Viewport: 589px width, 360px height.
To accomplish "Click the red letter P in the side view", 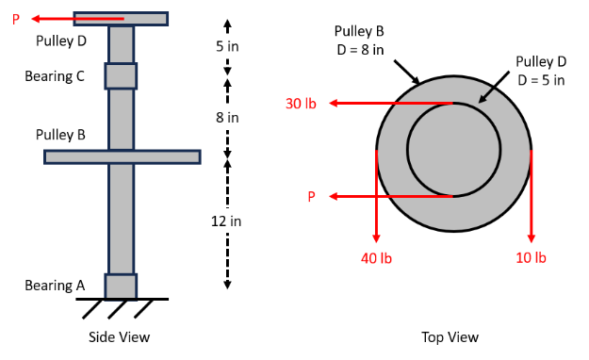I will [x=16, y=19].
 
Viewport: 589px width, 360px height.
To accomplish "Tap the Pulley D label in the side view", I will [x=61, y=41].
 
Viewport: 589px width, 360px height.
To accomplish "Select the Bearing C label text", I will [x=55, y=75].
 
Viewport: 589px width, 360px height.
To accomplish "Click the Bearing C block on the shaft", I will [x=121, y=75].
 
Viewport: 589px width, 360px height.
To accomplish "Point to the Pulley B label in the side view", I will [x=61, y=135].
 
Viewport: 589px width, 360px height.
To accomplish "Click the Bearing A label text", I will [x=55, y=285].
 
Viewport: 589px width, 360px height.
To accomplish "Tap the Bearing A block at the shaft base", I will [x=121, y=286].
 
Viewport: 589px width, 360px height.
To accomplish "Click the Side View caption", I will [x=119, y=336].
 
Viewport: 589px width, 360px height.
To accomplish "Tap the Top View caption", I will [x=450, y=336].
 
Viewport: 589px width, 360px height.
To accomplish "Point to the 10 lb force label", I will [x=532, y=257].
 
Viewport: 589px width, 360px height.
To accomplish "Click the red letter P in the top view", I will [x=311, y=197].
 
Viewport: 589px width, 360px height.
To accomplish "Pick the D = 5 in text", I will [x=541, y=80].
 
